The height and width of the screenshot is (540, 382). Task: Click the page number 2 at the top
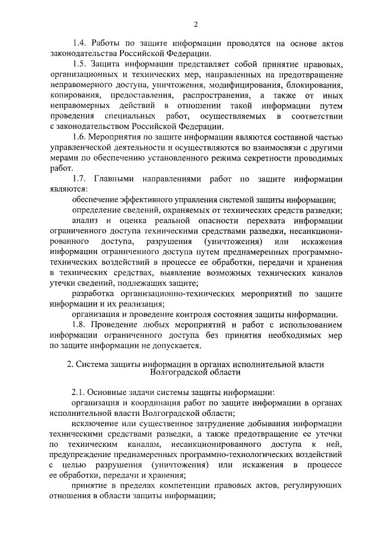[195, 24]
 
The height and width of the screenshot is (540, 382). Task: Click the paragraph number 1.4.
[80, 44]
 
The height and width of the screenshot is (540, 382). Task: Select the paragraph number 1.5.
[80, 64]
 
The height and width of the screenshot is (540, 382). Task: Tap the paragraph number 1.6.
[80, 137]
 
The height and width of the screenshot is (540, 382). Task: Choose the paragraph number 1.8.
[80, 325]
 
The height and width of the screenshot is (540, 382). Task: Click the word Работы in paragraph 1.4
[110, 44]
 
